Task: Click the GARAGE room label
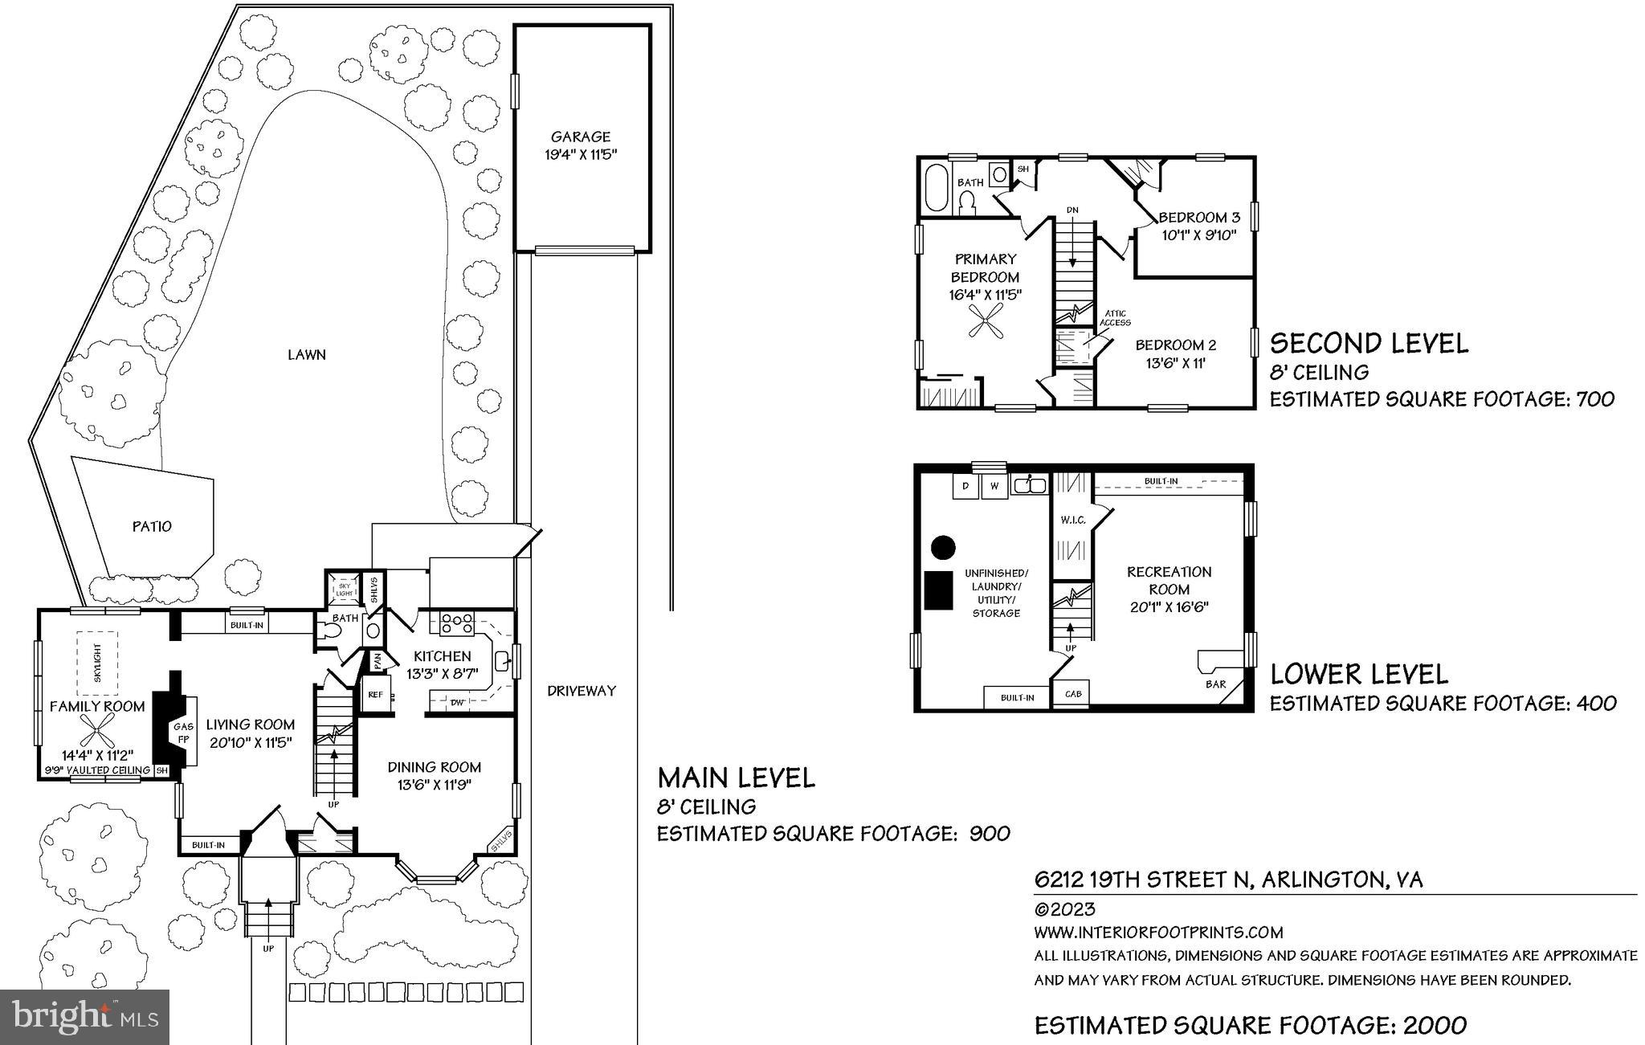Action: pyautogui.click(x=581, y=137)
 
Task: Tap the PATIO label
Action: pyautogui.click(x=152, y=527)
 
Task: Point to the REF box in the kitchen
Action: pyautogui.click(x=375, y=695)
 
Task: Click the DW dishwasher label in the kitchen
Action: pyautogui.click(x=457, y=703)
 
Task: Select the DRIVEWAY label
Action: pyautogui.click(x=582, y=691)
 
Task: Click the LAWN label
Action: pyautogui.click(x=307, y=354)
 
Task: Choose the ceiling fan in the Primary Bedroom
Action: pyautogui.click(x=985, y=325)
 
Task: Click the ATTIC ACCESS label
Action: pyautogui.click(x=1115, y=318)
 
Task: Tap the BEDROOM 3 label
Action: pyautogui.click(x=1199, y=218)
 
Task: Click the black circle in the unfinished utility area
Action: pyautogui.click(x=943, y=549)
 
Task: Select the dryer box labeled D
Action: pyautogui.click(x=965, y=486)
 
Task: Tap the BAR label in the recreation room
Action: pyautogui.click(x=1215, y=684)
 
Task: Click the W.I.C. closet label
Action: pyautogui.click(x=1073, y=520)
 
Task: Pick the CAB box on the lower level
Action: pyautogui.click(x=1072, y=694)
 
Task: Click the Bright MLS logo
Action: pyautogui.click(x=85, y=1016)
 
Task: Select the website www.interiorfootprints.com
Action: pyautogui.click(x=1158, y=933)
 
